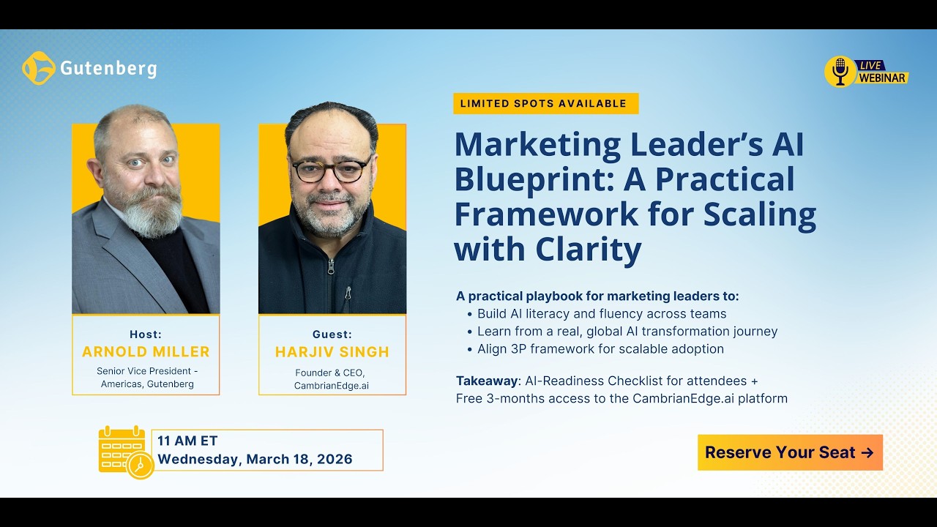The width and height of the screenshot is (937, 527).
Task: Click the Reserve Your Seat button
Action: click(790, 452)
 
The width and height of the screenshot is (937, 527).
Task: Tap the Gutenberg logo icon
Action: click(39, 68)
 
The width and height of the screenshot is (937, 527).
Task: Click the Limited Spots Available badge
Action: click(545, 103)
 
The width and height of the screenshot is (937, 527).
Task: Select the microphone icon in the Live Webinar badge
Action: click(840, 71)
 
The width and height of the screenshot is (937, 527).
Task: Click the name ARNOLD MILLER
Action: click(146, 351)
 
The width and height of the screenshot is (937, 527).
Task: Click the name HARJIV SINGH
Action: click(332, 351)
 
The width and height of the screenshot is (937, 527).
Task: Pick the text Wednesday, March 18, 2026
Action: click(255, 460)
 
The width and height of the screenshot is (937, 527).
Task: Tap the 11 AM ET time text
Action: click(187, 441)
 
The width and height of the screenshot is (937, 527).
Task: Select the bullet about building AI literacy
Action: click(602, 314)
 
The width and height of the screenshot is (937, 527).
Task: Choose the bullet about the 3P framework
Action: click(600, 349)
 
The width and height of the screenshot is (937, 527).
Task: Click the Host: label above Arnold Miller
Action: click(146, 334)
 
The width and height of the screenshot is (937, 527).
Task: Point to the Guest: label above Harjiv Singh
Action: click(332, 334)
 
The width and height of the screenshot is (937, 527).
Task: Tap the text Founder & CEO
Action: click(329, 373)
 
